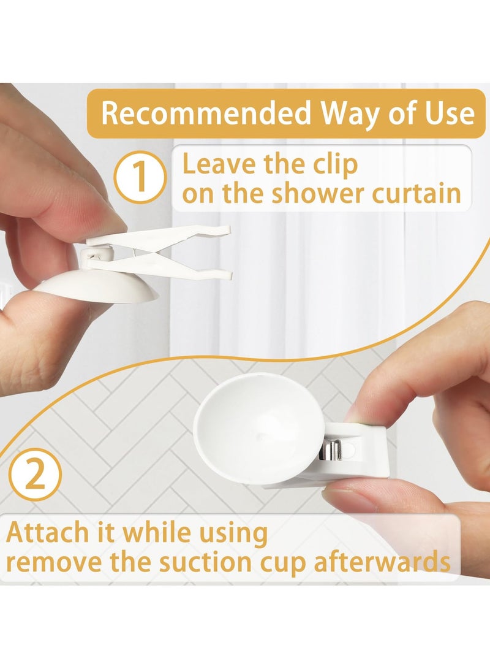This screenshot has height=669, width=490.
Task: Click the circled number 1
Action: click(141, 177)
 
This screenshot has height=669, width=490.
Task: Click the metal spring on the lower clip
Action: click(330, 451)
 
